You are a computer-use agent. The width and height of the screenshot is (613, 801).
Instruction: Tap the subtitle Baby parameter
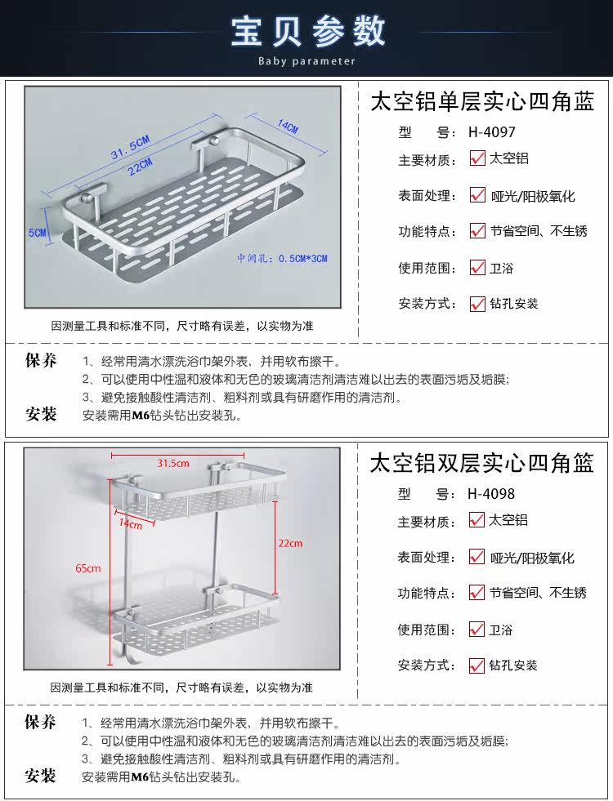pos(307,61)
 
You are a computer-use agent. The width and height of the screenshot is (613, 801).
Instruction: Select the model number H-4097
pos(492,131)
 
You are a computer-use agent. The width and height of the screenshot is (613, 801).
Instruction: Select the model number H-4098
pos(492,493)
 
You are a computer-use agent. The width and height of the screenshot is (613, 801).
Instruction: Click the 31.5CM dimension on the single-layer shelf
pos(131,147)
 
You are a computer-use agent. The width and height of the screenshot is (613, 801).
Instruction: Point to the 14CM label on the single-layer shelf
pos(288,127)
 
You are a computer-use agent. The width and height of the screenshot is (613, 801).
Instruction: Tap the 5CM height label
pos(38,233)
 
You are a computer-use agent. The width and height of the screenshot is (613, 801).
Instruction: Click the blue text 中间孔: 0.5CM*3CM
pos(282,258)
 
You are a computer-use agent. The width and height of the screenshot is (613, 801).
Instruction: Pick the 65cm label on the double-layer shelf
pos(89,568)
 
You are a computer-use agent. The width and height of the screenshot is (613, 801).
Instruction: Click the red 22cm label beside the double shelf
pos(290,543)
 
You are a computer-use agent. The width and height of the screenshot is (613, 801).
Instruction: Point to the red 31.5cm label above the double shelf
pos(173,463)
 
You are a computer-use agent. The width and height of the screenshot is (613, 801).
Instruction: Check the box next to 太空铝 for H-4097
pos(477,159)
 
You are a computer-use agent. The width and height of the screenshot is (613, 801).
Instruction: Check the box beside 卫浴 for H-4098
pos(477,630)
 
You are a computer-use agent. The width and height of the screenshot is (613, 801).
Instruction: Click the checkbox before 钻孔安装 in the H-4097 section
pos(477,304)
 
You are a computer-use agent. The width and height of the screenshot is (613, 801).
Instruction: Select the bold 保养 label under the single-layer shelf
pos(41,361)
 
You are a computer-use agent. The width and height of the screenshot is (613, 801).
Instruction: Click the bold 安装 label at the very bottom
pos(41,776)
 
